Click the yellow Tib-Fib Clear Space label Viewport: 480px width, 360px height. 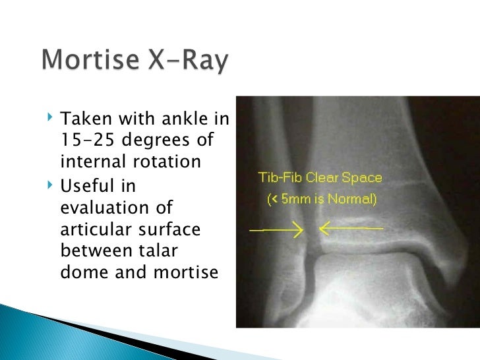(x=319, y=178)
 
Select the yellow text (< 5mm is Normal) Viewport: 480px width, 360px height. (x=322, y=198)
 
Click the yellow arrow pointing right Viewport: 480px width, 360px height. (x=276, y=230)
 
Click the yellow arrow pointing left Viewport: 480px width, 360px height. (x=349, y=229)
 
